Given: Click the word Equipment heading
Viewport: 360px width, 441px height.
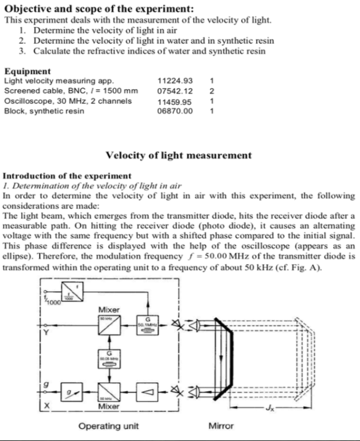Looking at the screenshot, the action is point(28,72).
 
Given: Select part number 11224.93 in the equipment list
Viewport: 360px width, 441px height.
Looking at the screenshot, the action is point(175,81).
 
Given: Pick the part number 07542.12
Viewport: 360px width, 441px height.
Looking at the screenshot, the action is point(175,90).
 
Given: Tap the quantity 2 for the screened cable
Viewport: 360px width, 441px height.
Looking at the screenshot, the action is point(212,90).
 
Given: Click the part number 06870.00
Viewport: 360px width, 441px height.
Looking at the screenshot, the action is point(175,111).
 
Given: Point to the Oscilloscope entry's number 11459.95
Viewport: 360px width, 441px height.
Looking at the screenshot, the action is point(175,101).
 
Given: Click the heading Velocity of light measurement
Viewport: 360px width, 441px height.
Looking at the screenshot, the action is point(179,155).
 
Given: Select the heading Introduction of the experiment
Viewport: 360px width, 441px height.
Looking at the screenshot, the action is point(67,176).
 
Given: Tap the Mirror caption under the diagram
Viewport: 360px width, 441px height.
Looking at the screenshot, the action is point(221,426).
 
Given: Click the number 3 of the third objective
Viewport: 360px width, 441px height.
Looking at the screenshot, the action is point(21,51).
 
